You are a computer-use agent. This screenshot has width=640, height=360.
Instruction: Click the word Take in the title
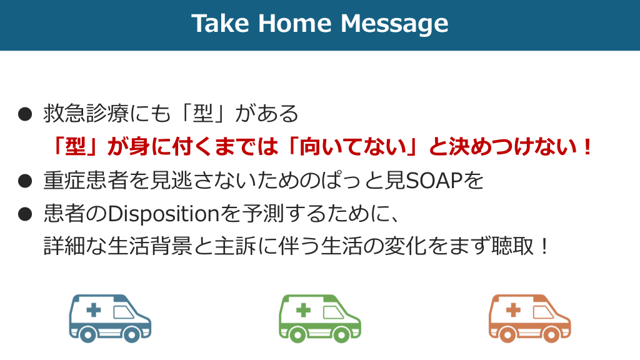[x=221, y=23]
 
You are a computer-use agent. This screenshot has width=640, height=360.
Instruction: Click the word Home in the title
[x=295, y=23]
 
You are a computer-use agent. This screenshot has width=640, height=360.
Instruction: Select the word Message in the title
[x=394, y=24]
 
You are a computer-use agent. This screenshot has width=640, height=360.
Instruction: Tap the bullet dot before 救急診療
[x=25, y=114]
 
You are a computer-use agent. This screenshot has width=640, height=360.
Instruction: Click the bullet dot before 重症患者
[x=25, y=181]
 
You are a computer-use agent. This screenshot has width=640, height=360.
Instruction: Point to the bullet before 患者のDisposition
[x=25, y=214]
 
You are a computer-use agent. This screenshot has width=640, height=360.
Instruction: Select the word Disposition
[x=164, y=214]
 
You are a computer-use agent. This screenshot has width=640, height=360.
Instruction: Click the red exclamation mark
[x=587, y=147]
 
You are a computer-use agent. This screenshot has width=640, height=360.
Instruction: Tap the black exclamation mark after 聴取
[x=544, y=246]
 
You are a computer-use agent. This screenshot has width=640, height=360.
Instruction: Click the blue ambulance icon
[x=110, y=318]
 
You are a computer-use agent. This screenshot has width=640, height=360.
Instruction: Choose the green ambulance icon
[x=320, y=318]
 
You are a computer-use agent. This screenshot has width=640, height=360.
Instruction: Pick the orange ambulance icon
[x=530, y=318]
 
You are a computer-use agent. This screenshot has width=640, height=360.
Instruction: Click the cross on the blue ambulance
[x=94, y=310]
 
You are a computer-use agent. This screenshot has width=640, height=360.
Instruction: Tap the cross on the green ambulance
[x=303, y=310]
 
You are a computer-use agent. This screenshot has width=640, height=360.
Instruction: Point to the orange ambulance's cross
[x=513, y=310]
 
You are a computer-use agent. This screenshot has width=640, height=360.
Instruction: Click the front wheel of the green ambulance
[x=342, y=334]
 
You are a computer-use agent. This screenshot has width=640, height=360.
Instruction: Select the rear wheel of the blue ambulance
[x=87, y=334]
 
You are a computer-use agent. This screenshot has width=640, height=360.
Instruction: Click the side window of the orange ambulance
[x=543, y=312]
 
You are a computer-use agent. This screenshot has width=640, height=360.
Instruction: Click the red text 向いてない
[x=353, y=147]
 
